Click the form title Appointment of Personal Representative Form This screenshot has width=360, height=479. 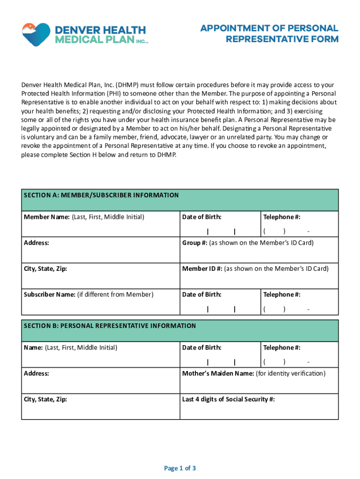pyautogui.click(x=269, y=34)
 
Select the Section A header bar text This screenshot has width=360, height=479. pyautogui.click(x=101, y=195)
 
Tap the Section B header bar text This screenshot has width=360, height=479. pyautogui.click(x=110, y=326)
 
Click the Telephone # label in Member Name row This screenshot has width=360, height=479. pyautogui.click(x=281, y=217)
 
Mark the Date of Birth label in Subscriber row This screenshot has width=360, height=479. pyautogui.click(x=202, y=294)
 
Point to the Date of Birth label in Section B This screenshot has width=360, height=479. pyautogui.click(x=202, y=348)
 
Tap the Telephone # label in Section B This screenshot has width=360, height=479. pyautogui.click(x=281, y=348)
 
